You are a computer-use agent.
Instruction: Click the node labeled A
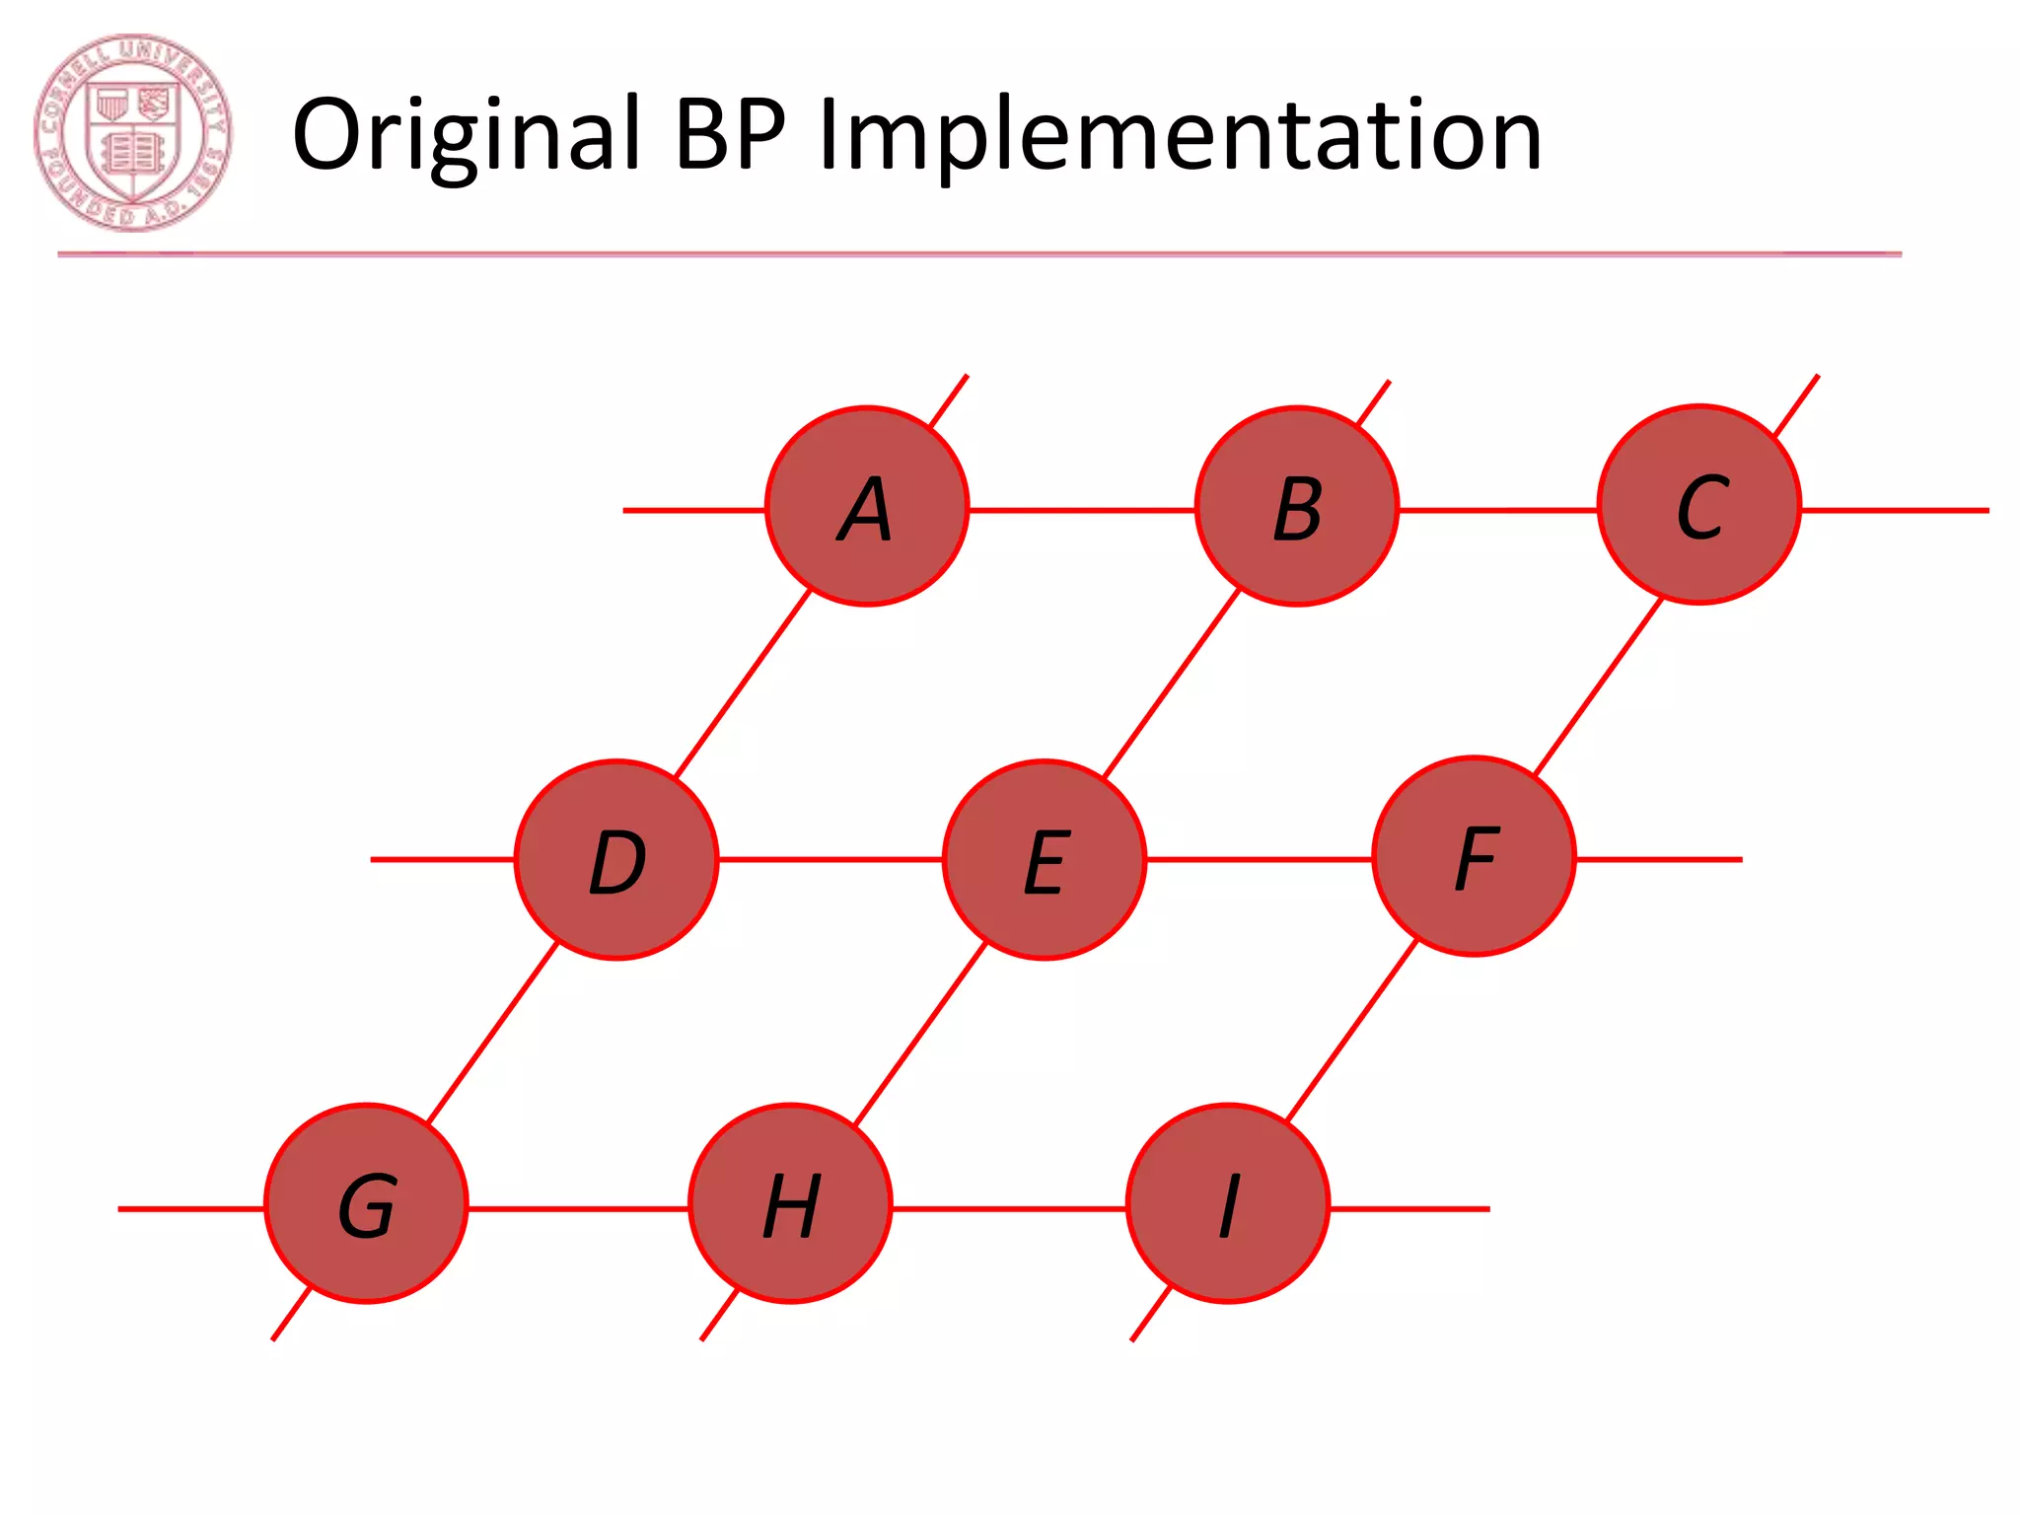[x=867, y=506]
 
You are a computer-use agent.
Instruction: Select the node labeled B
[x=1297, y=506]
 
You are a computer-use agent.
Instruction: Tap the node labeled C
[x=1699, y=504]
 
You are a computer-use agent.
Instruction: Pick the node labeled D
[x=616, y=859]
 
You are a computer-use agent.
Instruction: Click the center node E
[x=1045, y=859]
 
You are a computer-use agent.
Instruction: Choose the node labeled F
[x=1475, y=856]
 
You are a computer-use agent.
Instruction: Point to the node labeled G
[x=366, y=1203]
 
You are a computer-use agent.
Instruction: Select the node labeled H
[x=790, y=1203]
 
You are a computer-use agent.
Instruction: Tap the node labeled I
[x=1228, y=1203]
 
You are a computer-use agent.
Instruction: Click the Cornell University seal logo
[x=132, y=133]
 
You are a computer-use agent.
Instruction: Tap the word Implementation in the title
[x=1180, y=135]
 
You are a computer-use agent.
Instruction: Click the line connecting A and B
[x=1082, y=510]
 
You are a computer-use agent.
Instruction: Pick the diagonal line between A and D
[x=742, y=683]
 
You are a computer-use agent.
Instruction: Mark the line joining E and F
[x=1260, y=859]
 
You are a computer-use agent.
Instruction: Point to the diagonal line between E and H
[x=920, y=1034]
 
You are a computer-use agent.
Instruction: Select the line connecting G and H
[x=578, y=1208]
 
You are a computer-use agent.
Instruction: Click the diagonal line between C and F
[x=1598, y=687]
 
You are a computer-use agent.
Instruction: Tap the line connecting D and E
[x=830, y=859]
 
